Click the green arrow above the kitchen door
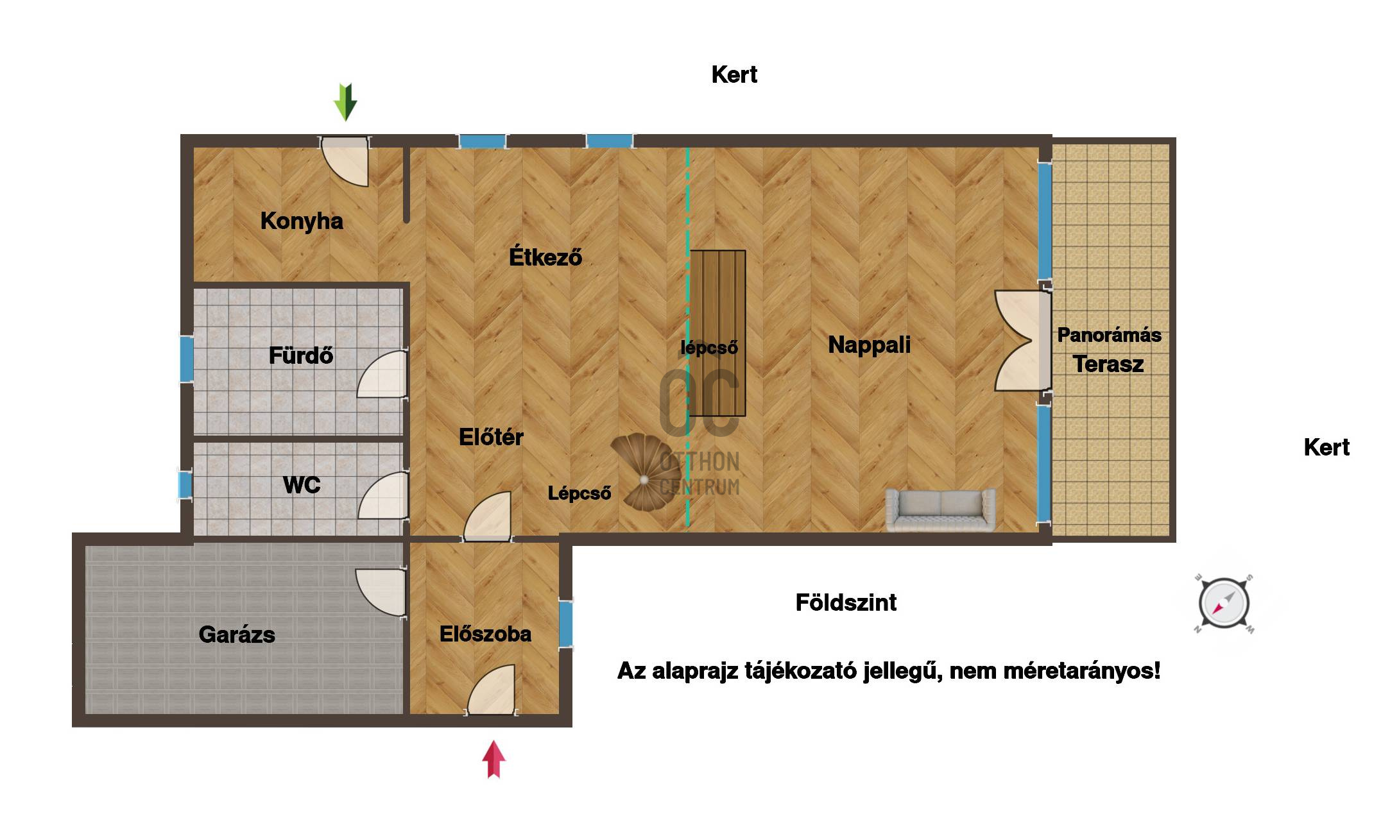tap(345, 102)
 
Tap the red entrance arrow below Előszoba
tap(494, 760)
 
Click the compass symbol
tap(1224, 604)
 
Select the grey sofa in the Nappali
tap(941, 510)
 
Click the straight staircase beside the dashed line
tap(717, 333)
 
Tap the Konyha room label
tap(302, 221)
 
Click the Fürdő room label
tap(300, 355)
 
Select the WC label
tap(302, 485)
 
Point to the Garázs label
tap(237, 634)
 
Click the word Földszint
tap(846, 602)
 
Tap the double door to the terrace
tap(1022, 341)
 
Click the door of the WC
tap(384, 496)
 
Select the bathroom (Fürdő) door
tap(383, 374)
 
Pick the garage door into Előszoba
tap(381, 593)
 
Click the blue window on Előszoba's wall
tap(566, 623)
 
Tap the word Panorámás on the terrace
tap(1109, 335)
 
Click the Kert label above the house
tap(734, 75)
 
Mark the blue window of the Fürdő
tap(186, 359)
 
